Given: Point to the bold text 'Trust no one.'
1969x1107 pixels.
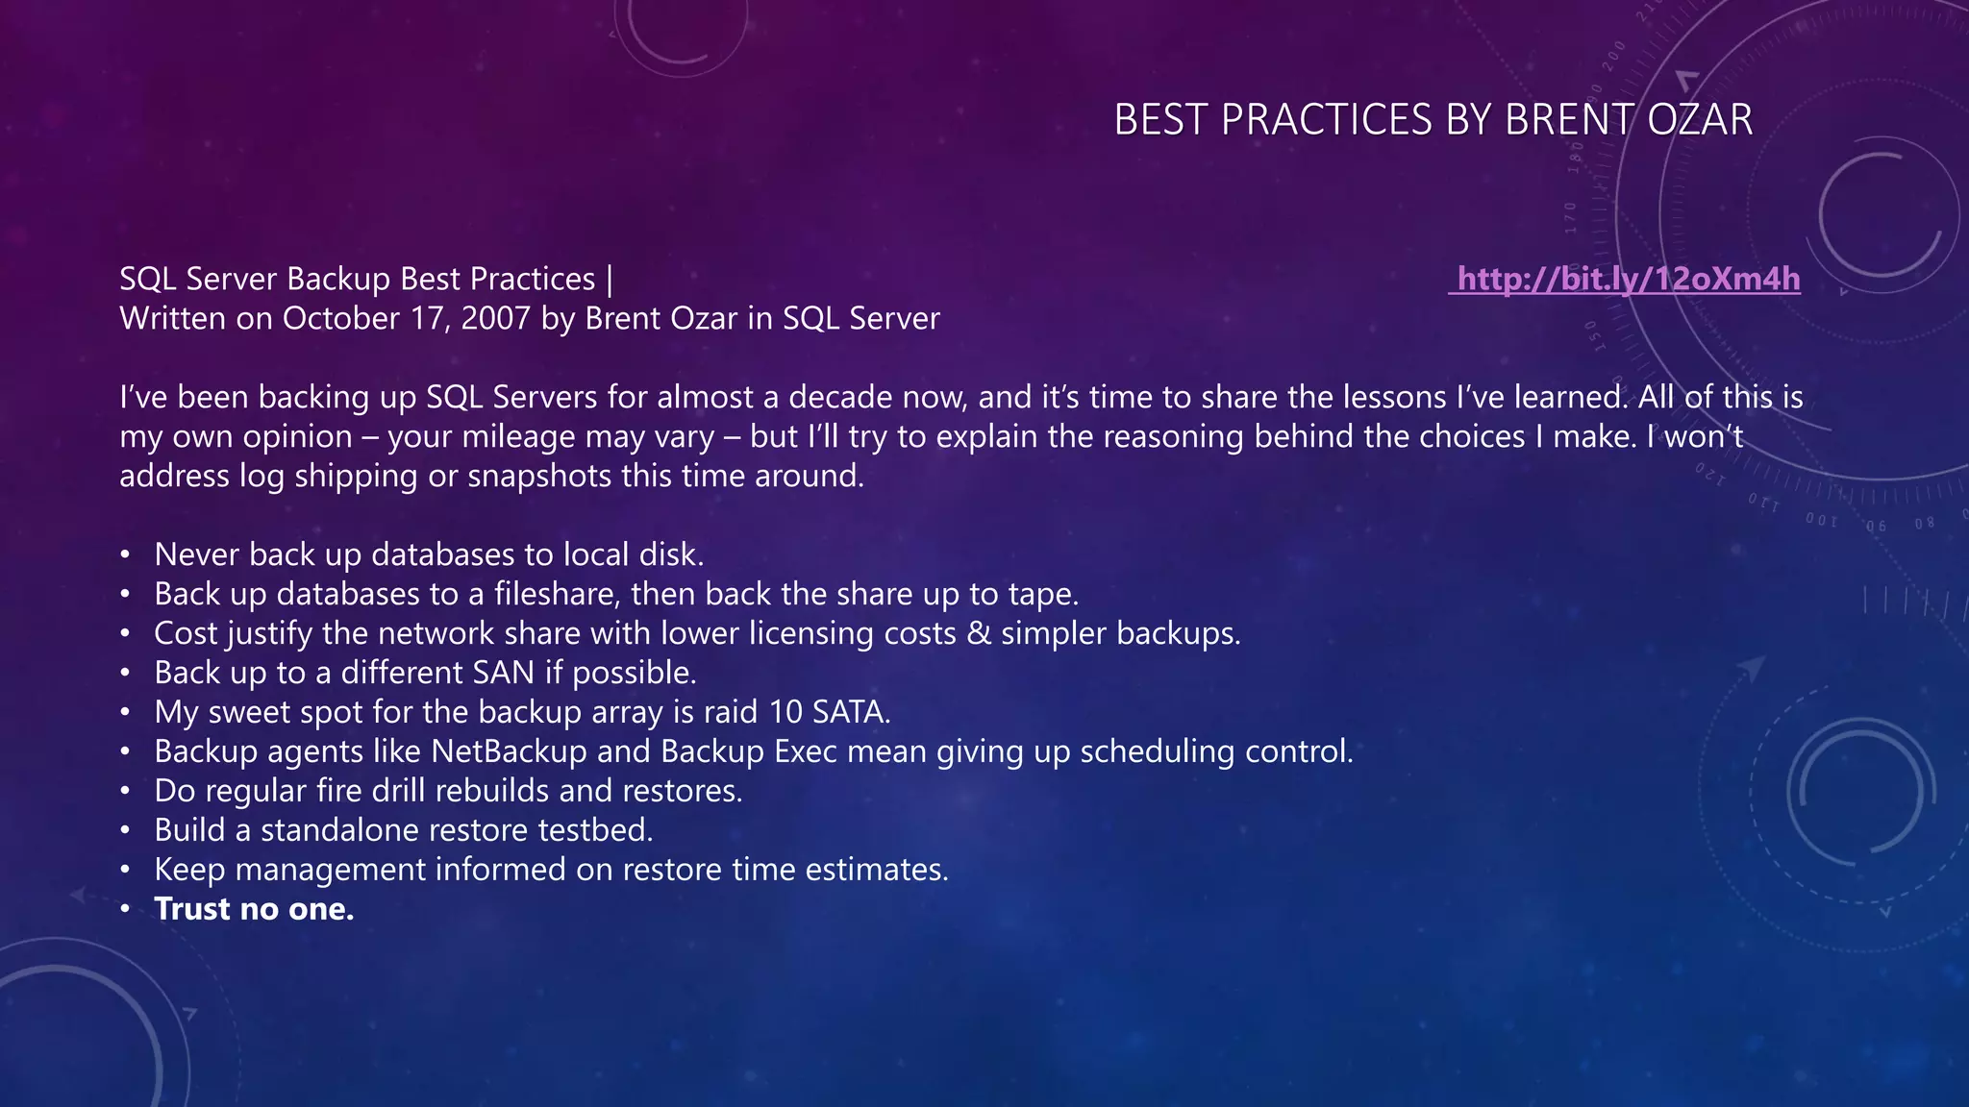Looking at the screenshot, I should click(254, 909).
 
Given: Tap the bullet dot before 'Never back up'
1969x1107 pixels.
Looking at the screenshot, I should click(125, 555).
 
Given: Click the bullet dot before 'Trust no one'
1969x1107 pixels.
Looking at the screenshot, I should click(125, 909).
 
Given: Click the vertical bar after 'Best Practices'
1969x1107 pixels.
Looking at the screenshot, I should click(610, 279).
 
